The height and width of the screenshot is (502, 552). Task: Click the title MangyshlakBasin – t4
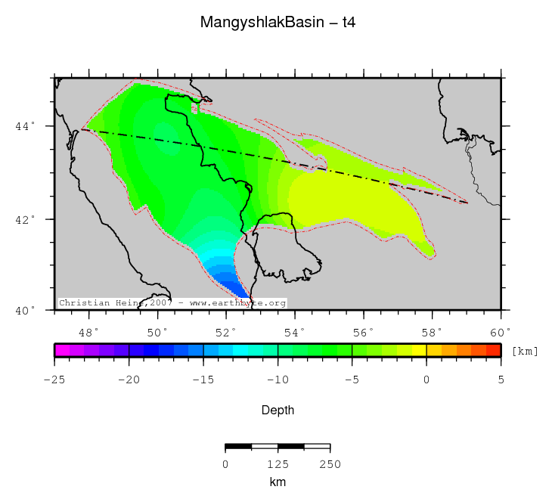tap(278, 23)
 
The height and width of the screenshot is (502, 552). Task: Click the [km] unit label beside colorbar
tap(525, 351)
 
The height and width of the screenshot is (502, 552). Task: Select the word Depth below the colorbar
tap(278, 411)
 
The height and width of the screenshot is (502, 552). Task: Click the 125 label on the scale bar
tap(278, 463)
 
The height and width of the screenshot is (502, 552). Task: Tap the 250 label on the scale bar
tap(330, 463)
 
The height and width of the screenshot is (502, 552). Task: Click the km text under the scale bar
tap(278, 482)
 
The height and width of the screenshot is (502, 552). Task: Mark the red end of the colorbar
tap(492, 350)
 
